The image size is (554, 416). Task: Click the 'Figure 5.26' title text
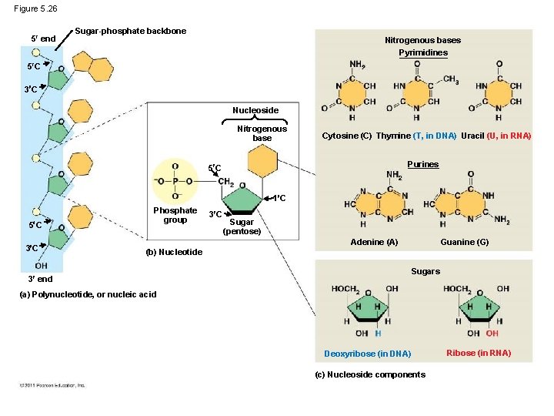(x=35, y=8)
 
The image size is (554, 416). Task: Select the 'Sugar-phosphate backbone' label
(x=130, y=31)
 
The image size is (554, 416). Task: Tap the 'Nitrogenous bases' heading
(x=422, y=40)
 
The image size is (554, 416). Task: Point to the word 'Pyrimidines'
(x=422, y=52)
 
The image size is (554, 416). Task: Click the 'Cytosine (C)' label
(x=346, y=136)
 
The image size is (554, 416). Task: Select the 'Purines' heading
(x=422, y=164)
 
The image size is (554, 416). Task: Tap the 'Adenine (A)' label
(x=374, y=242)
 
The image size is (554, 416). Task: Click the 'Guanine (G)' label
(x=464, y=242)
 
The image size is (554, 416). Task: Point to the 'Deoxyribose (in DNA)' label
(x=368, y=354)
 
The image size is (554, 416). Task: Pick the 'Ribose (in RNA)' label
(x=479, y=353)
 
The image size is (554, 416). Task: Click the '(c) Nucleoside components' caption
(x=370, y=374)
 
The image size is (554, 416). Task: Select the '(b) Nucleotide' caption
(x=174, y=252)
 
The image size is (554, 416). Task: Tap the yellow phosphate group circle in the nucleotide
(x=175, y=182)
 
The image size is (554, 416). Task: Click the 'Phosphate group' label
(x=175, y=215)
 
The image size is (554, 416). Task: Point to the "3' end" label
(x=40, y=279)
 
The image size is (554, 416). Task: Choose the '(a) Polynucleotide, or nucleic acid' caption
(x=88, y=294)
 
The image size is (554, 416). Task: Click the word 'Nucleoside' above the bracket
(x=255, y=110)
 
